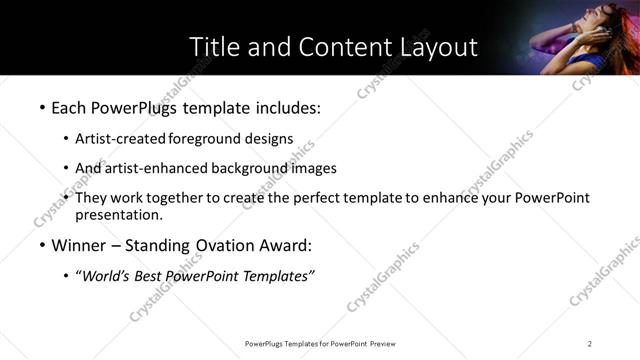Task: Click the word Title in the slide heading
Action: [213, 47]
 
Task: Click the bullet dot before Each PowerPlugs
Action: [41, 106]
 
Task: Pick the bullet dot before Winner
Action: [41, 245]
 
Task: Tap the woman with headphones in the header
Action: [585, 35]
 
